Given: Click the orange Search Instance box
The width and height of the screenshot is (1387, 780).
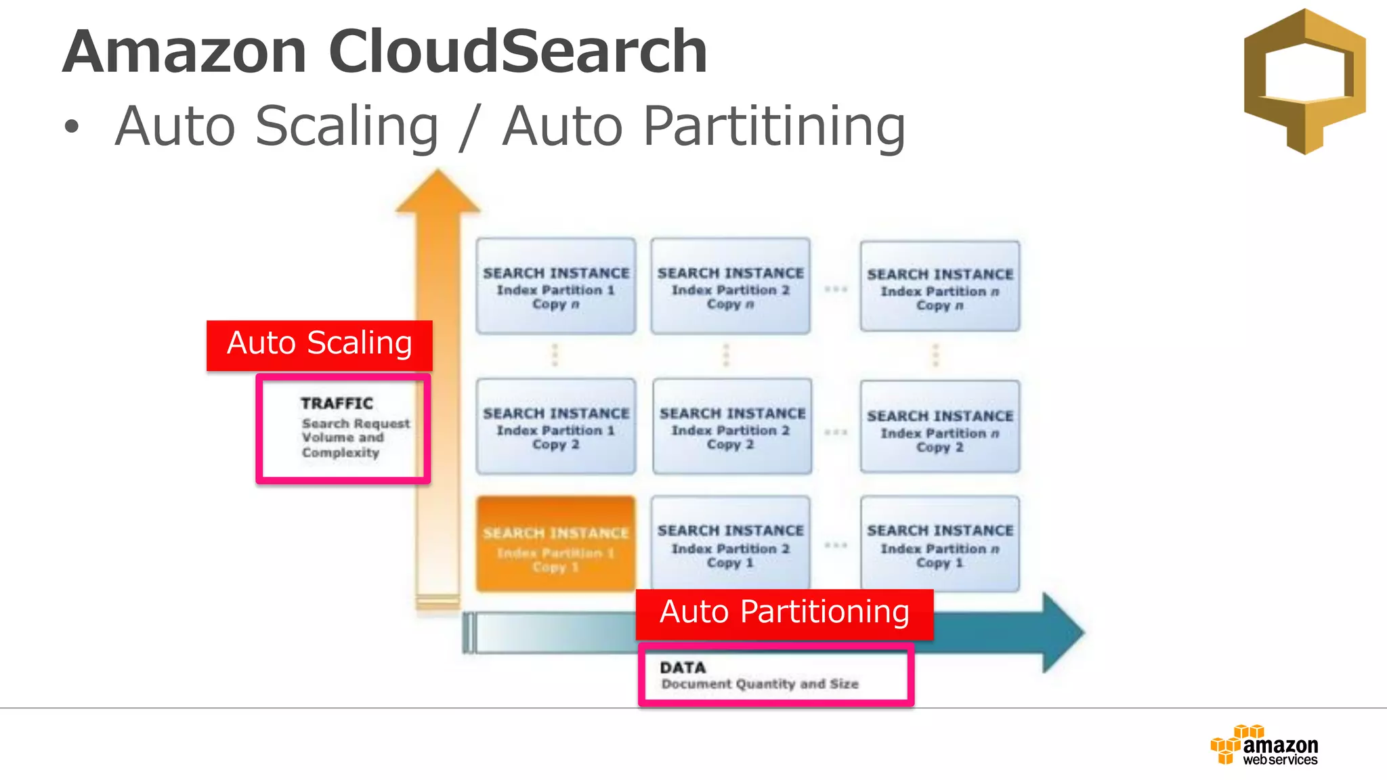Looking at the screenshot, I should (x=555, y=544).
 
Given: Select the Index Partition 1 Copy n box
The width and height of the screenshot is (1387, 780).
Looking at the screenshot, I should (x=555, y=286).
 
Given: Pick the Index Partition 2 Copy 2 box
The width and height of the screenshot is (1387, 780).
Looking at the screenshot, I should (x=731, y=427).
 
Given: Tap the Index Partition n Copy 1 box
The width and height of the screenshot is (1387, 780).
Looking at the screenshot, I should (x=939, y=544).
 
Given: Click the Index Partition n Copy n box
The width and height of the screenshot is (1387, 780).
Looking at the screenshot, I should (x=939, y=286).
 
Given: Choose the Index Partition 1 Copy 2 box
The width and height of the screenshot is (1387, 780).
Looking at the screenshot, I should (x=555, y=427).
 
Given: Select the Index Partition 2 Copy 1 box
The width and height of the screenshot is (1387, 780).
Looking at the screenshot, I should (x=730, y=544).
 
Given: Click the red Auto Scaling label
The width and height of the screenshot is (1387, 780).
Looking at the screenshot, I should (x=319, y=345).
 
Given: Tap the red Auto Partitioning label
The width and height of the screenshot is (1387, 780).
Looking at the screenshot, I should (x=784, y=613).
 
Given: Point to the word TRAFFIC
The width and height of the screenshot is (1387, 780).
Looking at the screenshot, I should (x=337, y=404).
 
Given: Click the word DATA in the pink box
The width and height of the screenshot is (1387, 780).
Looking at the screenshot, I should (x=683, y=668).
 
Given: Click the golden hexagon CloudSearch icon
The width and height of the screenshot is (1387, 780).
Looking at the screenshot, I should (x=1304, y=81).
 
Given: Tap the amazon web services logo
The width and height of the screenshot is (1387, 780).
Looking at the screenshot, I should (x=1264, y=745).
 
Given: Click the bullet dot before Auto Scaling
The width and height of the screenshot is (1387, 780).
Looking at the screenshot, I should (x=72, y=127).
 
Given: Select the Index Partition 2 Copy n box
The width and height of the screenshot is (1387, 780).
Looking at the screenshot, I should (x=730, y=286).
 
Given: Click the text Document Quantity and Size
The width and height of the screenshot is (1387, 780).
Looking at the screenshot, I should (x=759, y=685).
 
